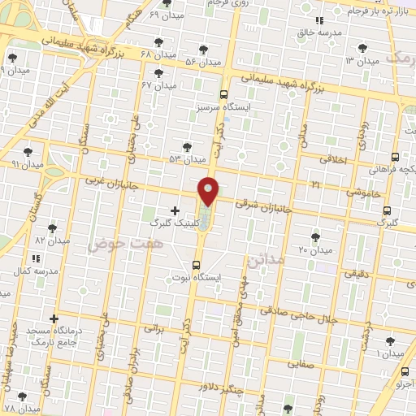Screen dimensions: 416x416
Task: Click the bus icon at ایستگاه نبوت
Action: click(x=196, y=265)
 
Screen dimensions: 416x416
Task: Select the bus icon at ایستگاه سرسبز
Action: click(x=224, y=94)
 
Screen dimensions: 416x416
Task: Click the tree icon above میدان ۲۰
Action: click(x=315, y=237)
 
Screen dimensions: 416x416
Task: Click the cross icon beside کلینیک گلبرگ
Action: click(x=175, y=210)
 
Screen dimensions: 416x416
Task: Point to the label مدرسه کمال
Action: click(x=32, y=270)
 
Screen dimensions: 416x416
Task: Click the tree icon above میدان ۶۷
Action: click(x=158, y=73)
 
